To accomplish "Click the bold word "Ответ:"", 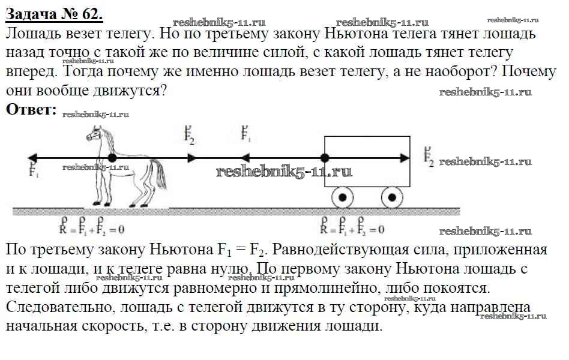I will (31, 109).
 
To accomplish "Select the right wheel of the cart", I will (392, 197).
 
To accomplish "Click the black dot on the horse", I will (112, 158).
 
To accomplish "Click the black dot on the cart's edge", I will (325, 158).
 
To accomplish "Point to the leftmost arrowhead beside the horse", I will (33, 158).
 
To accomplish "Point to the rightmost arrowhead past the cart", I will (405, 158).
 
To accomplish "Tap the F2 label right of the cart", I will (429, 157).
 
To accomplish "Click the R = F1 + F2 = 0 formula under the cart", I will (352, 229).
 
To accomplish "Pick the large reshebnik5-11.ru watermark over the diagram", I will (283, 172).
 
